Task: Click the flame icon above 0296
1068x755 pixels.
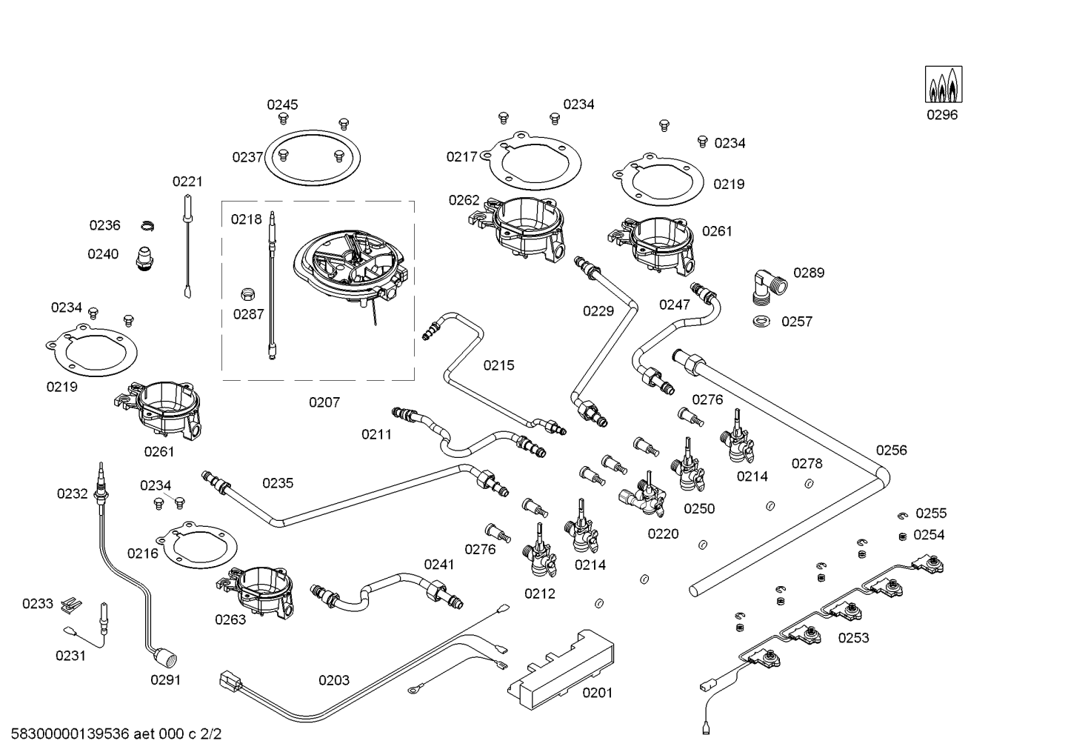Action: [x=943, y=84]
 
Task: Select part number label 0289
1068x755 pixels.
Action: [x=809, y=273]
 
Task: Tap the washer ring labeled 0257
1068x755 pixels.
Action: [x=760, y=322]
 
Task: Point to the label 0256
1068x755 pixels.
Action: [x=891, y=450]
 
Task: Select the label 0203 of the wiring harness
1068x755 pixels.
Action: [x=334, y=680]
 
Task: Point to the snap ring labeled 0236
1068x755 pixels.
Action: [x=147, y=225]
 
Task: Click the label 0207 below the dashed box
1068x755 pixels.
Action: [x=324, y=402]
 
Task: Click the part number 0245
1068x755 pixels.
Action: [x=282, y=104]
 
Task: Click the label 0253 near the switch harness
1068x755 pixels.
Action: [x=853, y=638]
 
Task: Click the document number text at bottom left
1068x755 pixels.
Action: [x=112, y=735]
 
